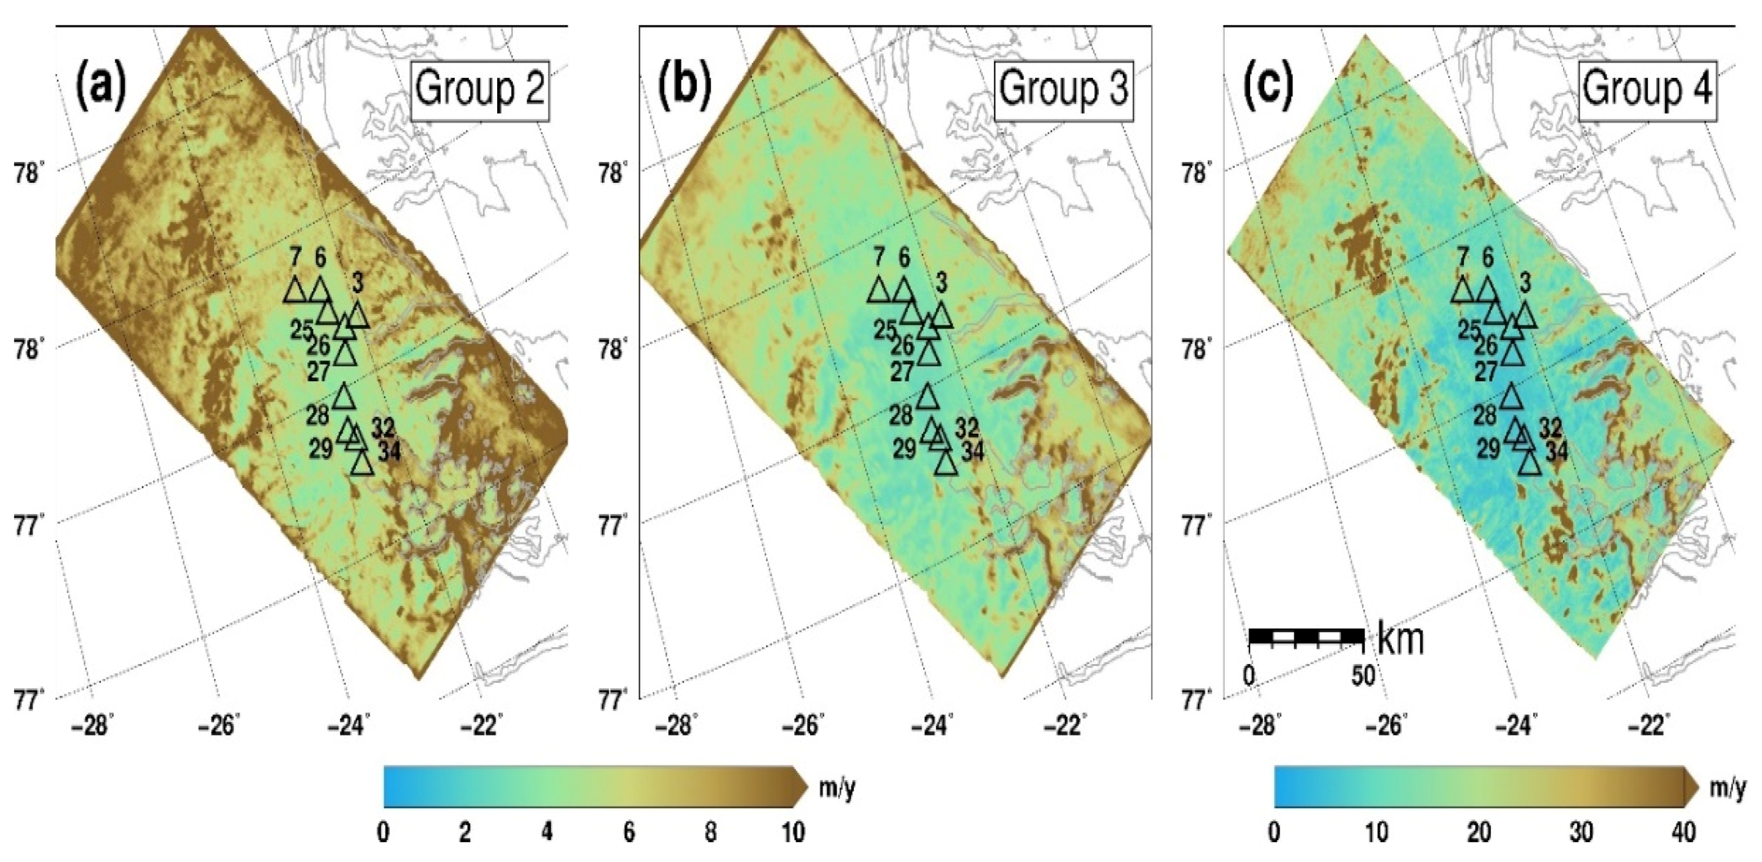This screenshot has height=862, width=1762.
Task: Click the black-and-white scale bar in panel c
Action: (x=1306, y=637)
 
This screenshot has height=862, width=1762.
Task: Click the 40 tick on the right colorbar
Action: (x=1683, y=832)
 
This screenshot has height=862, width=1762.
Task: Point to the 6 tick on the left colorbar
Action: (x=628, y=832)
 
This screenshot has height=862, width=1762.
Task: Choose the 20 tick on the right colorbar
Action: (x=1478, y=832)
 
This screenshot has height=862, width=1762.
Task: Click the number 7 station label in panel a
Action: (x=295, y=258)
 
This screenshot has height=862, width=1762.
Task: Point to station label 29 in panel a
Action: (x=321, y=449)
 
